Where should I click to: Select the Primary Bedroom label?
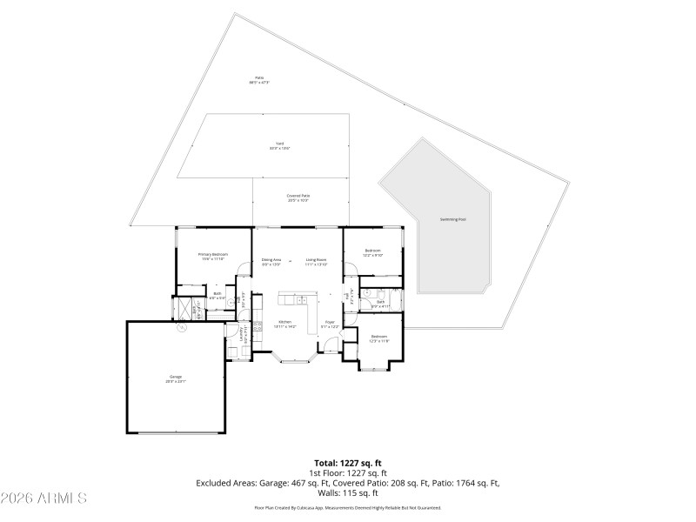(x=213, y=256)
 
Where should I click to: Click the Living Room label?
(x=316, y=260)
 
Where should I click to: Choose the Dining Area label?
(x=271, y=260)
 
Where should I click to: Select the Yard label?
(x=279, y=145)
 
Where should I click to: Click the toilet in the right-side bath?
(x=369, y=293)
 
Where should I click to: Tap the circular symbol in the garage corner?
(x=182, y=328)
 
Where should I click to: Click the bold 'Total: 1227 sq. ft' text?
(x=347, y=462)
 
